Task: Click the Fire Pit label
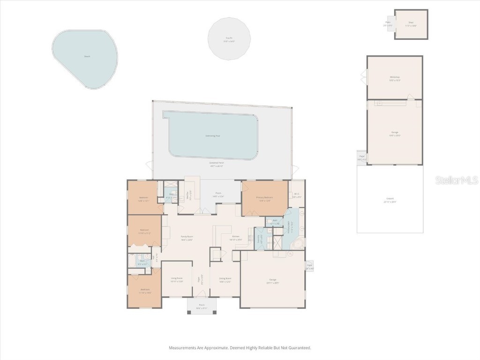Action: (229, 38)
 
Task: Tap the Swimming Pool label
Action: (213, 136)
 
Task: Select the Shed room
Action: (411, 24)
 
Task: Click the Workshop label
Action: (395, 77)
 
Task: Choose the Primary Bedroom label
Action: (264, 197)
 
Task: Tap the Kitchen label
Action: (236, 237)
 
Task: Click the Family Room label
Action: (187, 237)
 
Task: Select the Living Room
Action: (176, 279)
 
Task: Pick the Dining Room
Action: (225, 279)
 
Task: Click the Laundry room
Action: (259, 238)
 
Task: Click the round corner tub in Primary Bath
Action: (295, 244)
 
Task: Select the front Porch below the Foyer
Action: (201, 307)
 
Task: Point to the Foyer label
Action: (202, 279)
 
